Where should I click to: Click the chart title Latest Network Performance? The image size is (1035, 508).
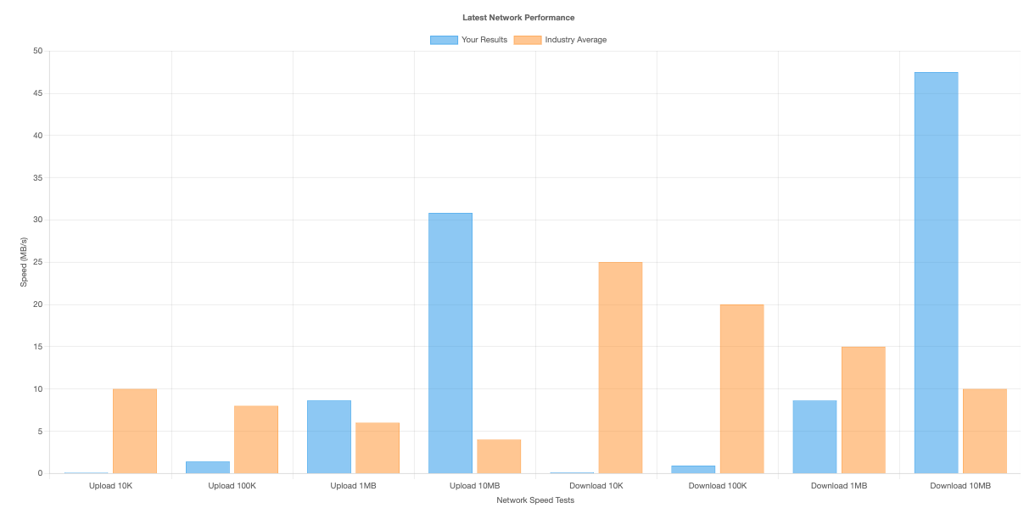(x=517, y=17)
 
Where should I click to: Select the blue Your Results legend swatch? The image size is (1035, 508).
(x=444, y=40)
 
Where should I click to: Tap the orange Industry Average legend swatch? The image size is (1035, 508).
(x=528, y=40)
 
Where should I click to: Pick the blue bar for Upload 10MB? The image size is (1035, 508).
(x=450, y=343)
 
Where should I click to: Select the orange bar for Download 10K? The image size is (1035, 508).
(x=620, y=368)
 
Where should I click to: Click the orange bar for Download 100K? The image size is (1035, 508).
(x=741, y=389)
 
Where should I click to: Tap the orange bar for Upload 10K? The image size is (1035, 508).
(x=135, y=431)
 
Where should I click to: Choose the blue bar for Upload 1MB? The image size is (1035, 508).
(x=329, y=437)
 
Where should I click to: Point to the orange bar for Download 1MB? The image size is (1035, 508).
(x=863, y=410)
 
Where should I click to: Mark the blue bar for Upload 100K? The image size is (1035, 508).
(x=208, y=467)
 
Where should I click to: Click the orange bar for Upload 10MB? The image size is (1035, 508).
(x=499, y=456)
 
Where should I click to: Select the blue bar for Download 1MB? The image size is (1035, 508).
(x=814, y=437)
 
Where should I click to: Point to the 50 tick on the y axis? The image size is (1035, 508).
(x=37, y=51)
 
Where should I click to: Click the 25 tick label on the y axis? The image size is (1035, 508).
(x=37, y=262)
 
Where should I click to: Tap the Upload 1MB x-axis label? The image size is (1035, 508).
(x=354, y=486)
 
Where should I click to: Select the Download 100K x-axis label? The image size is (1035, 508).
(x=718, y=486)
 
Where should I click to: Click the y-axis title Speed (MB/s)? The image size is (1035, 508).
(x=24, y=262)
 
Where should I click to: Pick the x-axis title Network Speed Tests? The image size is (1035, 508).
(x=535, y=500)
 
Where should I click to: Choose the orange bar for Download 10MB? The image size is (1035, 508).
(x=984, y=431)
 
